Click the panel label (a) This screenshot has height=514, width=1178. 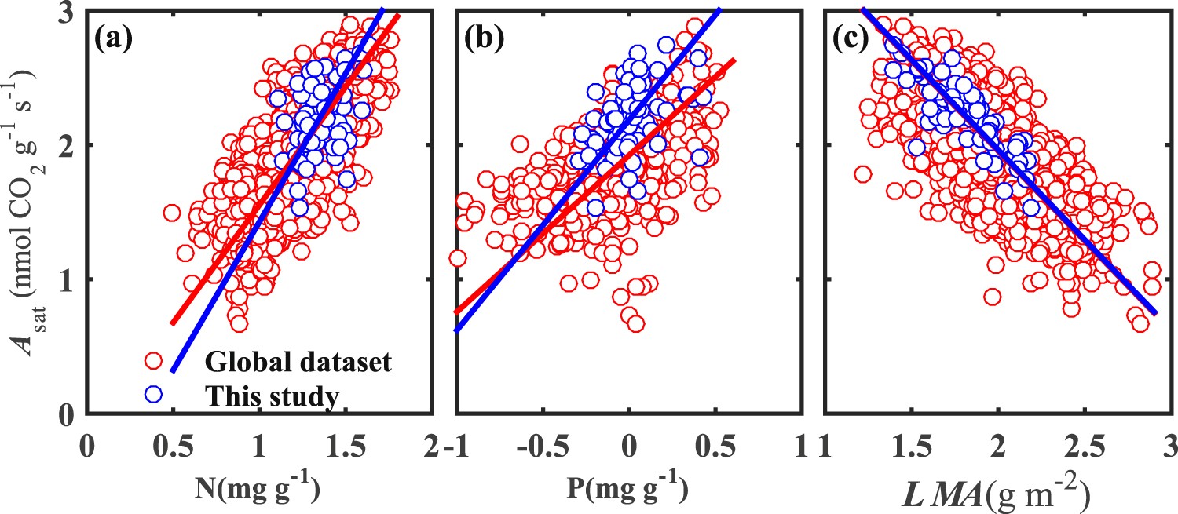click(112, 38)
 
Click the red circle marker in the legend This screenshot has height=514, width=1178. click(154, 361)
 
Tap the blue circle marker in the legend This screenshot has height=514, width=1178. click(154, 395)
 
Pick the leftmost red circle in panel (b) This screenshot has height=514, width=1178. click(458, 257)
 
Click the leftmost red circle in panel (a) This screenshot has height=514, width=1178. click(173, 213)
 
